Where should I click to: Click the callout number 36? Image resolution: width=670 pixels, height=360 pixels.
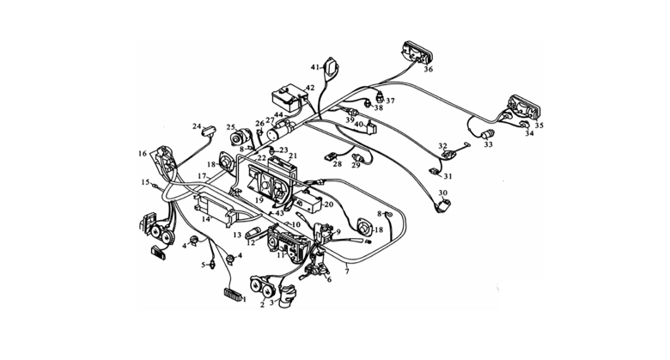coord(428,70)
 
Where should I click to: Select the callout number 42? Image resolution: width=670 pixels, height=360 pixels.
coord(310,88)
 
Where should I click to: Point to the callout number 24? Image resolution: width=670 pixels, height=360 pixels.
coord(197,125)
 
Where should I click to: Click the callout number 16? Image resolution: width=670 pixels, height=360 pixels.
coord(143,154)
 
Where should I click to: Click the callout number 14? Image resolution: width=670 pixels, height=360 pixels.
coord(205,221)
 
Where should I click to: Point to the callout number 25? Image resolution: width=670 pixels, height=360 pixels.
coord(230,128)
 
